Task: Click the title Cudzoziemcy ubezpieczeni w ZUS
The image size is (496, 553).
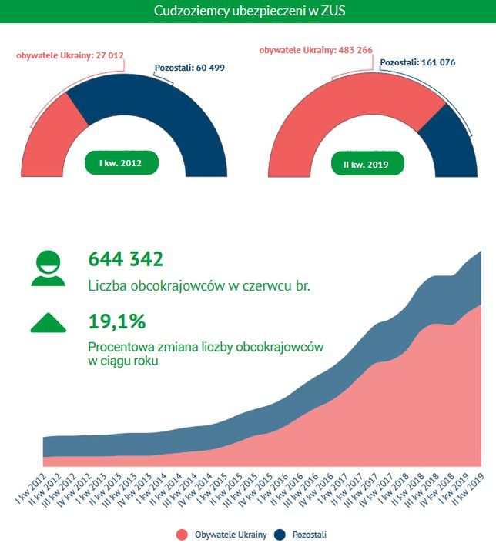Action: coord(248,11)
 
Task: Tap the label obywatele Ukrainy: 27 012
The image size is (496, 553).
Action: coord(71,55)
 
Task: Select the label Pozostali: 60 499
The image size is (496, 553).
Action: coord(189,68)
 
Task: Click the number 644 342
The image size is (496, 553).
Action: coord(126,259)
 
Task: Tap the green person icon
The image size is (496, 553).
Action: coord(49,268)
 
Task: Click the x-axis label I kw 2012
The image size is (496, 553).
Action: coord(28,489)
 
